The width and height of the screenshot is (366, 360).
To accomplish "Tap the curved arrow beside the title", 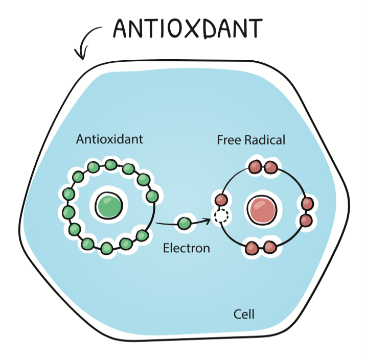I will (87, 42).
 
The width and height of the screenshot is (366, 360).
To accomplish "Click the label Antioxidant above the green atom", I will (109, 139).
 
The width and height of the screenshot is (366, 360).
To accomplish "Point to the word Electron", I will (186, 249).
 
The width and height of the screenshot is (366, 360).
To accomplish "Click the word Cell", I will (244, 314).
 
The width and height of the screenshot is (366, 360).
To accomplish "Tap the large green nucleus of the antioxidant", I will (109, 206).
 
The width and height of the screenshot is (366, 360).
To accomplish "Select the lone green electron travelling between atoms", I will (184, 223).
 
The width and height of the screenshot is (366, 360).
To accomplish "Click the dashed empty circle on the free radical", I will (221, 216).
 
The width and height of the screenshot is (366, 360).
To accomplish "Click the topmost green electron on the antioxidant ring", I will (111, 164).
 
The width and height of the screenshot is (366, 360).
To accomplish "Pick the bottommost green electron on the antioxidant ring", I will (106, 248).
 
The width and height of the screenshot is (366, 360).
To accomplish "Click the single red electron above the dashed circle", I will (221, 200).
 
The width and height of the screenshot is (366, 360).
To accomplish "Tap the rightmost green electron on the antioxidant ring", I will (152, 196).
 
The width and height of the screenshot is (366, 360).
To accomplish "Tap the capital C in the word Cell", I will (237, 314).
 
